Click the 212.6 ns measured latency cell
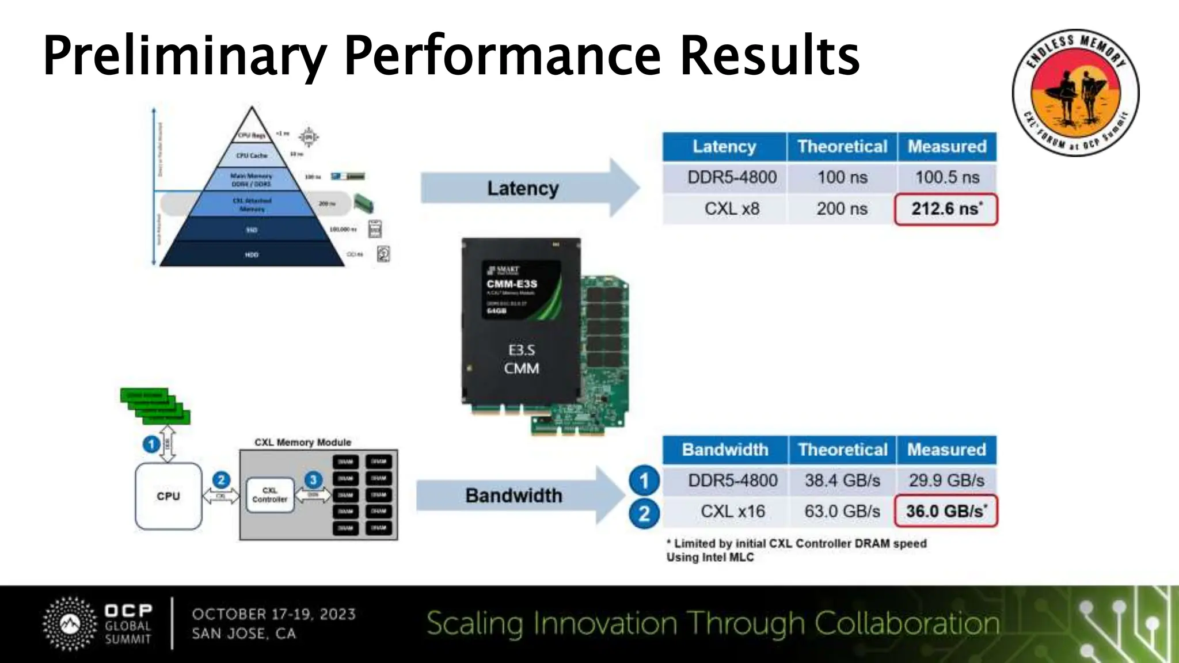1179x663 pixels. (x=946, y=209)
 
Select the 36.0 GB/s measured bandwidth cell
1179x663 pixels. (x=946, y=511)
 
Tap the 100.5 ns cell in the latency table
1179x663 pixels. (x=947, y=177)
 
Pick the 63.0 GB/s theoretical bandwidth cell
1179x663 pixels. (x=842, y=511)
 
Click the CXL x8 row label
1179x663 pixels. (x=732, y=209)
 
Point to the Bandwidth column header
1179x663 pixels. (x=725, y=449)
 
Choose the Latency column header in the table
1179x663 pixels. (x=724, y=147)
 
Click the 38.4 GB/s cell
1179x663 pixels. (x=842, y=480)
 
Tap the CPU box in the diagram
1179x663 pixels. (x=168, y=496)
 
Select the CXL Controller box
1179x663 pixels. (x=269, y=495)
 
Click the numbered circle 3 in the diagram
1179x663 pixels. (x=313, y=479)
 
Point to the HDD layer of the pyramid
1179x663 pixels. (x=252, y=254)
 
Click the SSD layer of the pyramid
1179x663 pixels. (x=252, y=230)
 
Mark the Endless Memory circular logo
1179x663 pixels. (x=1075, y=93)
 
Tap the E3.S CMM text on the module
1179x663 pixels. (x=522, y=359)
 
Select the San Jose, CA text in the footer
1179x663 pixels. (x=244, y=634)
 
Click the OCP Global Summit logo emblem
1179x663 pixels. (x=70, y=624)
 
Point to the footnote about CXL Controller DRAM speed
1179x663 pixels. (x=797, y=543)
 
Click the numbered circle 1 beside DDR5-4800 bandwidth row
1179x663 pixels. (x=644, y=481)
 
